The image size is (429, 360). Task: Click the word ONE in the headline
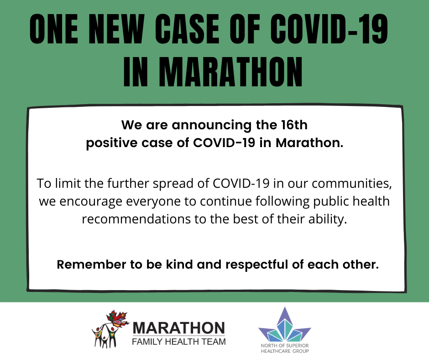tap(54, 29)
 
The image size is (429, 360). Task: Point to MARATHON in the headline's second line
tap(230, 72)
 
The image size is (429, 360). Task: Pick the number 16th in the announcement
tap(294, 125)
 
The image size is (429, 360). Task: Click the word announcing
tap(211, 126)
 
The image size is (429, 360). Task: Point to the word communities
tap(351, 184)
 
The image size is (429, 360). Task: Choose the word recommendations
tap(136, 219)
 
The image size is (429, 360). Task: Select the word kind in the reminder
tap(179, 265)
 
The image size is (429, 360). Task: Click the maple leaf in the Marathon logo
tap(117, 319)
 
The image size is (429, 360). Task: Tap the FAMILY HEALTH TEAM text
tap(178, 342)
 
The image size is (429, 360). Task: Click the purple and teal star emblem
tap(285, 324)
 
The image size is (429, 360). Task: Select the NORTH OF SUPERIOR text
tap(285, 346)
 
